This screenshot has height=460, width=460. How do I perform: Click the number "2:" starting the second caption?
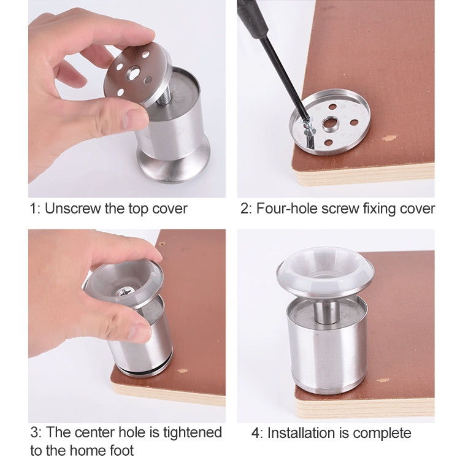(x=246, y=209)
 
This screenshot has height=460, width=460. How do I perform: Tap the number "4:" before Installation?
(x=258, y=434)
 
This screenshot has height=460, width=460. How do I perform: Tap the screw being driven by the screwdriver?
(x=309, y=126)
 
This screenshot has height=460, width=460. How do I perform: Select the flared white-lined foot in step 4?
(x=324, y=270)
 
